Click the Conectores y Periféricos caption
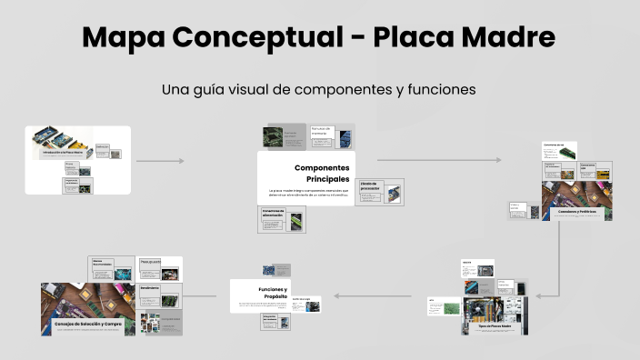click(577, 211)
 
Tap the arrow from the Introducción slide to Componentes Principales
click(160, 161)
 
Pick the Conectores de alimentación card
click(283, 219)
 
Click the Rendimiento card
click(160, 295)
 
